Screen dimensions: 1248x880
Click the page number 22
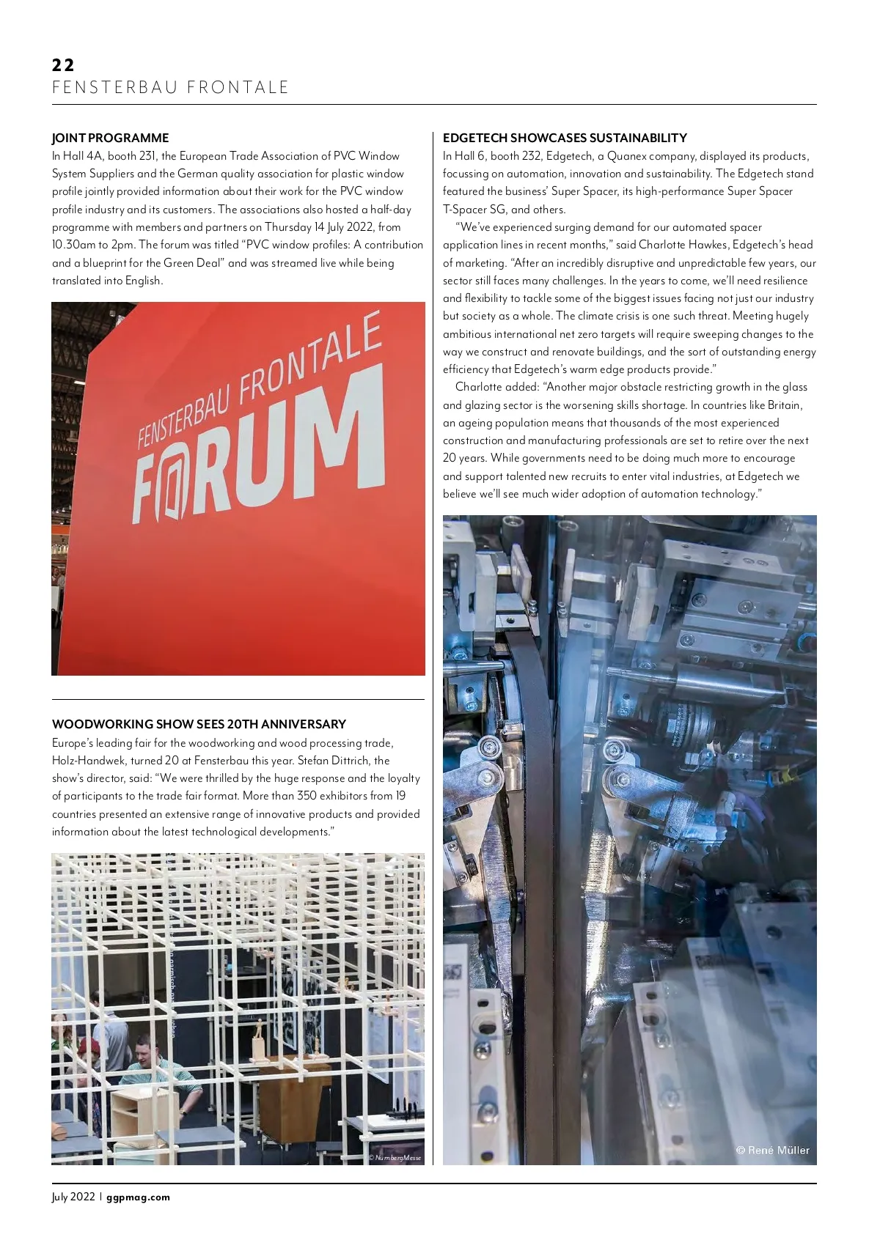[63, 65]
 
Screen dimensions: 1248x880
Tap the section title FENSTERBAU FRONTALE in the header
[170, 88]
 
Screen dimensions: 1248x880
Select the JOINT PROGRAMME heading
[110, 138]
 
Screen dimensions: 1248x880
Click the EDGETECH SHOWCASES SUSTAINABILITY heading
[565, 138]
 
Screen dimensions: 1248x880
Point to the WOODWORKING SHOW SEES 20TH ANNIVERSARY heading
[199, 724]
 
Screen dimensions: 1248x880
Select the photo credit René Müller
[772, 1150]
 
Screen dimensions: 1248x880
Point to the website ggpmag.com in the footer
[138, 1197]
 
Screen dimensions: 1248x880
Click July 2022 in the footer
[73, 1197]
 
